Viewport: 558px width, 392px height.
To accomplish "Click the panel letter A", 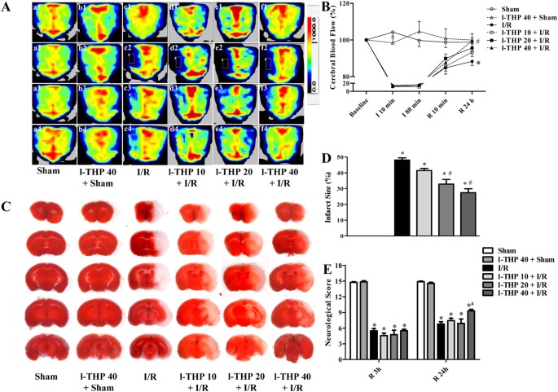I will pyautogui.click(x=6, y=7).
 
